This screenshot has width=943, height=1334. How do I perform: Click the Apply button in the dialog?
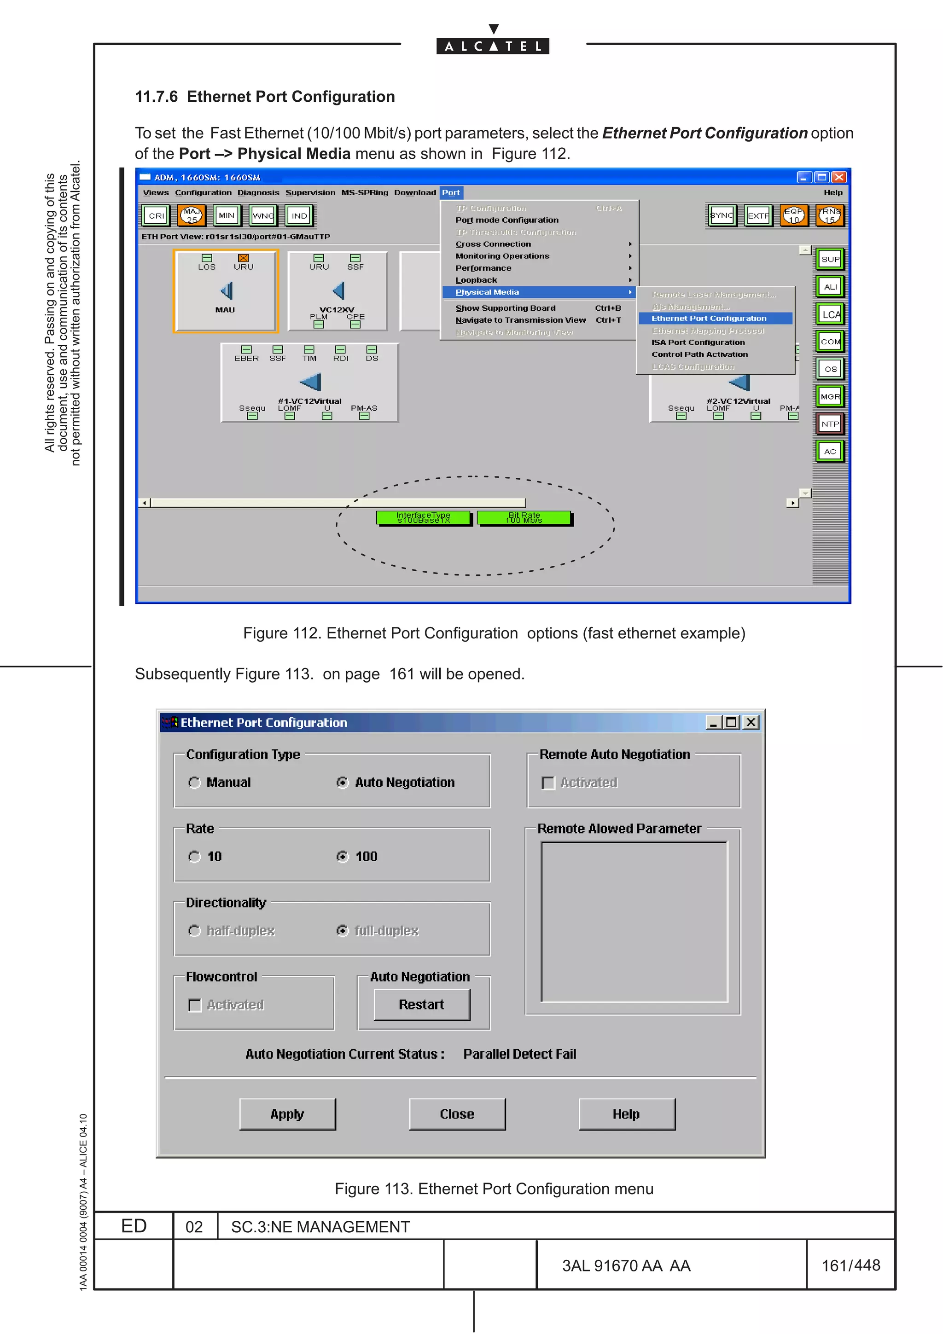(x=287, y=1114)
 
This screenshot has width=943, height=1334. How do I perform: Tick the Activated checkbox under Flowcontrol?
(x=195, y=1005)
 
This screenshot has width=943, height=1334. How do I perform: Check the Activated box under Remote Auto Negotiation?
(x=548, y=783)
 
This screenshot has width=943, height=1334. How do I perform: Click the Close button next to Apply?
(x=457, y=1114)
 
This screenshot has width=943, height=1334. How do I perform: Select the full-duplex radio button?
(x=343, y=931)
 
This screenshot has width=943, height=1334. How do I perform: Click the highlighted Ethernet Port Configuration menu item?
(x=709, y=319)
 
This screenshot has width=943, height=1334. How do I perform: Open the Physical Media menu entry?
(x=487, y=292)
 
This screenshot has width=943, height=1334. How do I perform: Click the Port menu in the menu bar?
(x=451, y=192)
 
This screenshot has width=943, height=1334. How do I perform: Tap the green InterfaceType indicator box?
(x=423, y=518)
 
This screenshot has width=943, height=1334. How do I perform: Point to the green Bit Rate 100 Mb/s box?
(x=524, y=518)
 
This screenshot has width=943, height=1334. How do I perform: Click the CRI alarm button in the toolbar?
(x=156, y=215)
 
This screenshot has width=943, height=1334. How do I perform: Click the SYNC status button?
(x=722, y=215)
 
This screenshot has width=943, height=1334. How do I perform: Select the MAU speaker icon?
(x=226, y=290)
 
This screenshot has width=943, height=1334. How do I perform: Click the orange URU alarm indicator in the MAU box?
(x=244, y=258)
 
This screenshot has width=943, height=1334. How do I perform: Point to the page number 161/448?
(x=850, y=1265)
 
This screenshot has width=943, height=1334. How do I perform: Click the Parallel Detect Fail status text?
(x=519, y=1054)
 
